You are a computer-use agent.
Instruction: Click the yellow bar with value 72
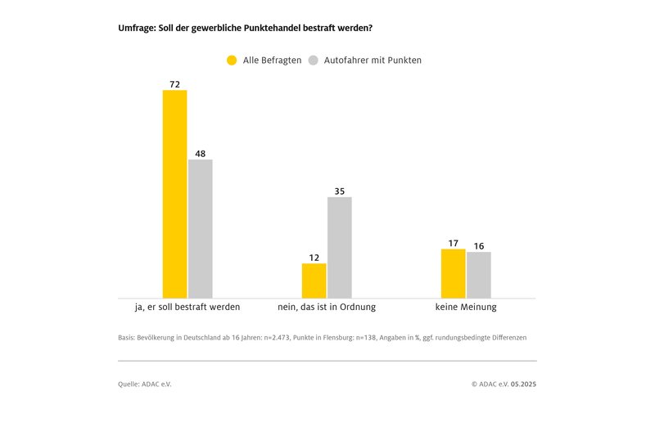(175, 194)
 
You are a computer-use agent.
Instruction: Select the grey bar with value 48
(201, 228)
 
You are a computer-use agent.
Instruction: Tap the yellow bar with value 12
(314, 281)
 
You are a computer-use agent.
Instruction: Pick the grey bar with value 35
(340, 247)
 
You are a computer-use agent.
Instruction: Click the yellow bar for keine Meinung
(454, 273)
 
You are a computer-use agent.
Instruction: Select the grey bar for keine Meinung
(479, 275)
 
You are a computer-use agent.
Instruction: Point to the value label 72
(175, 84)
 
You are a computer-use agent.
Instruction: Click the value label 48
(201, 154)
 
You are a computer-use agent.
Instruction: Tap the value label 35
(340, 191)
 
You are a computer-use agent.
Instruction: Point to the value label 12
(314, 258)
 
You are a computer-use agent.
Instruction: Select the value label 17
(454, 243)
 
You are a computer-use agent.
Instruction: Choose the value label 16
(479, 246)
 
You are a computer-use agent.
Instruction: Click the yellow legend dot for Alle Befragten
(232, 60)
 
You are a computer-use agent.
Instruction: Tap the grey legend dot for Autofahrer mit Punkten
(313, 60)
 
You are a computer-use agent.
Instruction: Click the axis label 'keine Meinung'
(466, 308)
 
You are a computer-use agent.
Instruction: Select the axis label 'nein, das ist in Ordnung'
(327, 308)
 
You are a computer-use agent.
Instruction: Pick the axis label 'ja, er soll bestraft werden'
(187, 308)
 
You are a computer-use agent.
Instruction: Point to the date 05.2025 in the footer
(524, 384)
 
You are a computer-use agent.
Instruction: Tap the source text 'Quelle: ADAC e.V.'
(145, 384)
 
